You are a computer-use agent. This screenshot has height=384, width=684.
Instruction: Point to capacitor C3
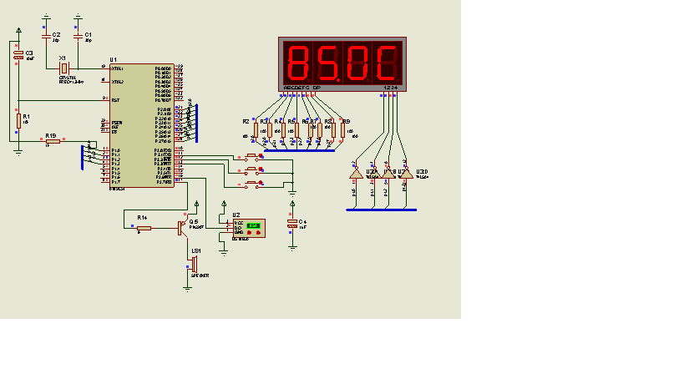tap(18, 55)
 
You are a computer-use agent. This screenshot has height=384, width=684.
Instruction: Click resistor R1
tap(18, 122)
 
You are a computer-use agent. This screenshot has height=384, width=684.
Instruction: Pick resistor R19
tap(52, 142)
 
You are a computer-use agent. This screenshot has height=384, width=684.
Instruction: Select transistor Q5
tap(184, 226)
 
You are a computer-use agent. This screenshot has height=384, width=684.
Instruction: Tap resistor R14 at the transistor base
tap(143, 226)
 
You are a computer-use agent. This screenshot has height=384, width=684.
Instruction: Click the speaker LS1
tap(193, 264)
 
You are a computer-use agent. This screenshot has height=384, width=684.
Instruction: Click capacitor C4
tap(292, 223)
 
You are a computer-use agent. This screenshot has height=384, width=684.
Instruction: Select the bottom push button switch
tap(253, 184)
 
